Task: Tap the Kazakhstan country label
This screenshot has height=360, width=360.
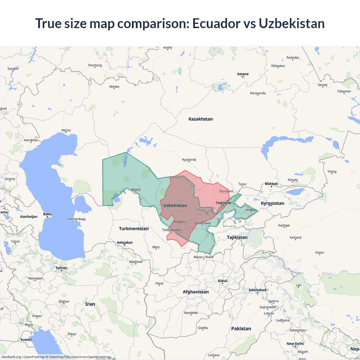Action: tap(201, 119)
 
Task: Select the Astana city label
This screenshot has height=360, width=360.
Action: tap(243, 74)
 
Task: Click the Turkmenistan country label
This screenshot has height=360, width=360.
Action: tap(134, 229)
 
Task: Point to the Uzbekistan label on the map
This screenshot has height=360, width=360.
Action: tap(175, 206)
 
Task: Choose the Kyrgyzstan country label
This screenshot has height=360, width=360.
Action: tap(272, 203)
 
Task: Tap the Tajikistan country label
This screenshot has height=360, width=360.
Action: tap(237, 237)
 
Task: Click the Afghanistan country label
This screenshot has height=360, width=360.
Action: tap(196, 292)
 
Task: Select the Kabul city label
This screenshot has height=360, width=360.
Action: tap(222, 281)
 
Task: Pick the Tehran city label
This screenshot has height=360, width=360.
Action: tap(61, 268)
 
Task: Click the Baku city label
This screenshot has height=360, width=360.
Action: tap(47, 214)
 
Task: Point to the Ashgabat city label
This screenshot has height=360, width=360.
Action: tap(125, 242)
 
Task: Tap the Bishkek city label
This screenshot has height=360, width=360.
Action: tap(271, 184)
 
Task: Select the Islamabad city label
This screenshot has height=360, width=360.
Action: tap(257, 290)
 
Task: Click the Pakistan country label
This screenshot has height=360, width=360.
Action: tap(241, 328)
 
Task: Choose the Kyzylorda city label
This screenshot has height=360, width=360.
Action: tap(189, 160)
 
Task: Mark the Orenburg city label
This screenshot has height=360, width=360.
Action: tap(95, 65)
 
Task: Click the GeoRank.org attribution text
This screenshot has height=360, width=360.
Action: tap(11, 357)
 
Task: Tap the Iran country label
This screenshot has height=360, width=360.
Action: tap(90, 304)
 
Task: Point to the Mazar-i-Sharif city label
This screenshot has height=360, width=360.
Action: tap(204, 257)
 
